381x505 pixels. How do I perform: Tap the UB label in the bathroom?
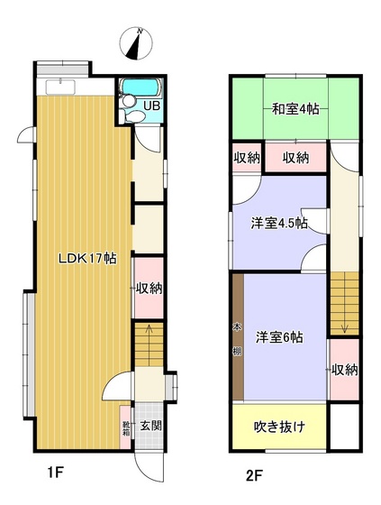152,106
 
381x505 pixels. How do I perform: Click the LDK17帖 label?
86,258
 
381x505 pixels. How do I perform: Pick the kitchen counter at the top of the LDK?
60,87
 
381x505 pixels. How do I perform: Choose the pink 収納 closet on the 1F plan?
149,289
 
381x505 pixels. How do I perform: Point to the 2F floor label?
255,473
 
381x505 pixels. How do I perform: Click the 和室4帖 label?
295,110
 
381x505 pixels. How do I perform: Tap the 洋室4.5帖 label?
279,222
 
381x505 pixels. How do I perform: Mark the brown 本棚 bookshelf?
238,337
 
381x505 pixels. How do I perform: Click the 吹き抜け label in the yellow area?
277,426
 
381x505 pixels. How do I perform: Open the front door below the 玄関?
143,459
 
